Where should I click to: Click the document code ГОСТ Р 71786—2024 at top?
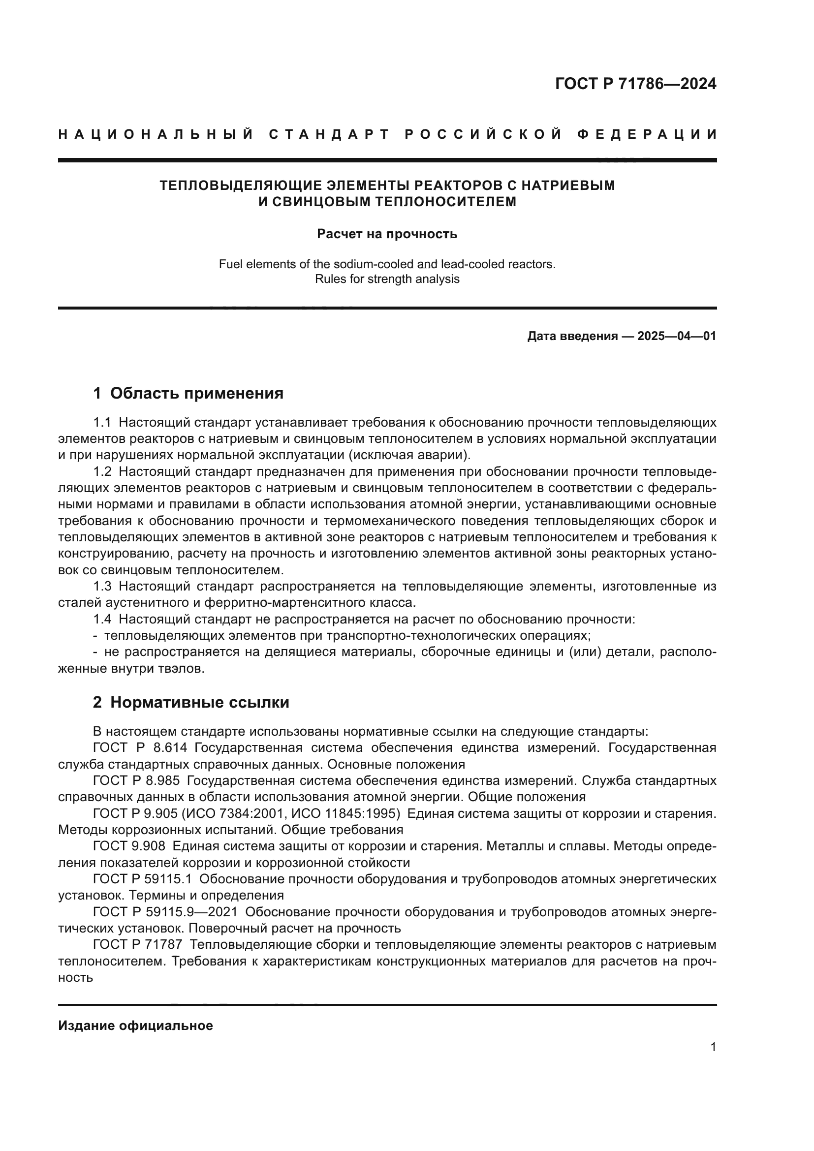[635, 84]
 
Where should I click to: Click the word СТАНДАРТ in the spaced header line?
[329, 134]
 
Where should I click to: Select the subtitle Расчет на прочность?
[387, 234]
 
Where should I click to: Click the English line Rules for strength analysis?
[387, 279]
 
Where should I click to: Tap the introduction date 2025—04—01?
[677, 336]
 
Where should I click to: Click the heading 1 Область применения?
[188, 394]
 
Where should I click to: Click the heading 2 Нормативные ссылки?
[191, 703]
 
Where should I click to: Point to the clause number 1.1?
[102, 423]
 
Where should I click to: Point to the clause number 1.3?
[102, 587]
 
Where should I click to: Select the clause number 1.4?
[102, 620]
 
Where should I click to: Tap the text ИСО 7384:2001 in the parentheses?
[236, 813]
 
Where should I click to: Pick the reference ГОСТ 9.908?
[129, 846]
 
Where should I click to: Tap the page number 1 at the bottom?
[713, 1047]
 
